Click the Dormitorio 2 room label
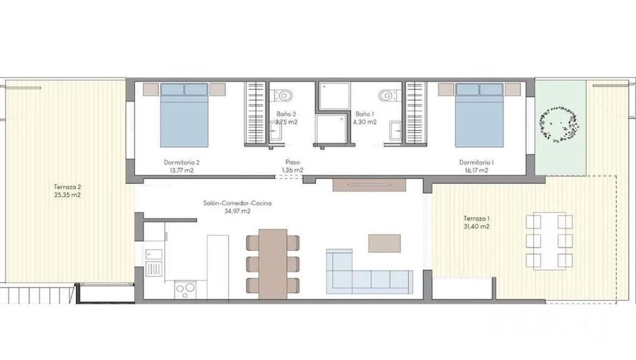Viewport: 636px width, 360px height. (x=182, y=162)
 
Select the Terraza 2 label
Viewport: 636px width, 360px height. (x=68, y=186)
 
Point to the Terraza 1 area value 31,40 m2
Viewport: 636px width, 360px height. (x=476, y=227)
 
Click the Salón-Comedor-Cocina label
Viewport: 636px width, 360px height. (x=237, y=203)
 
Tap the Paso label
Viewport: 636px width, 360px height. (x=293, y=162)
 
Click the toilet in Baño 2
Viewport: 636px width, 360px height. (x=284, y=95)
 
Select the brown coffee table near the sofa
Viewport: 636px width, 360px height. (x=384, y=243)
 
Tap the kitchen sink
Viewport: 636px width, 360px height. (x=153, y=254)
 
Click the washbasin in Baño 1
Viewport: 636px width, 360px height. (x=395, y=131)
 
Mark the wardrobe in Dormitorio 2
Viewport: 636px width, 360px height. (x=254, y=113)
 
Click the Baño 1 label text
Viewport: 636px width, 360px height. (x=365, y=114)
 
